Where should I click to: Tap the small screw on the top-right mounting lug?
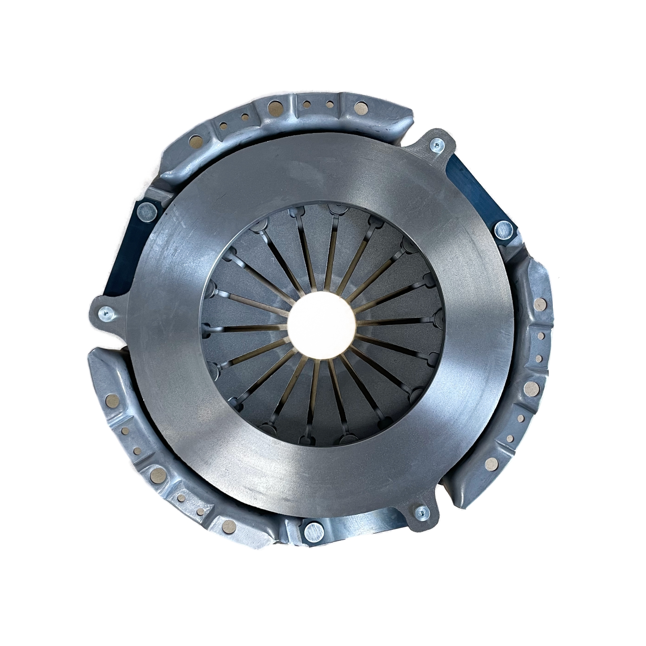tap(436, 146)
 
